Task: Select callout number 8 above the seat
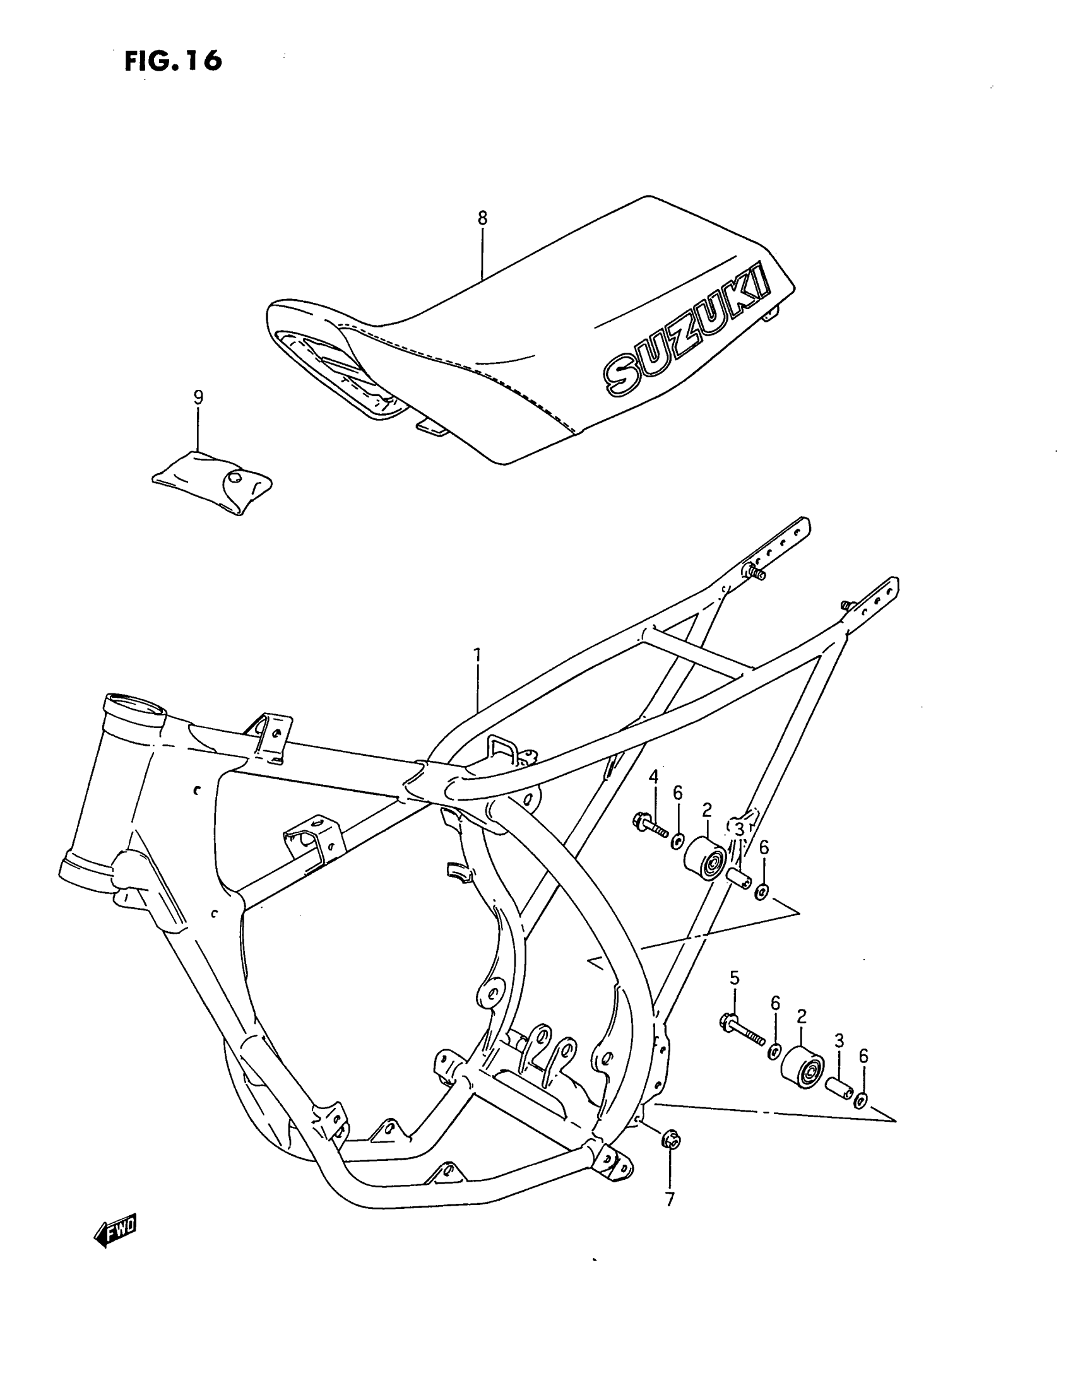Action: (x=482, y=218)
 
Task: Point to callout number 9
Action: (x=198, y=398)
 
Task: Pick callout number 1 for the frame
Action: (x=477, y=655)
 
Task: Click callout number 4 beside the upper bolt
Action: (x=653, y=777)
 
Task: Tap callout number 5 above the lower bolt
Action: (x=734, y=977)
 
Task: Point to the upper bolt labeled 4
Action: (x=649, y=826)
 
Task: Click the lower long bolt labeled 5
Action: (x=742, y=1030)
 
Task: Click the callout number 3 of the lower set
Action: (x=839, y=1040)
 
